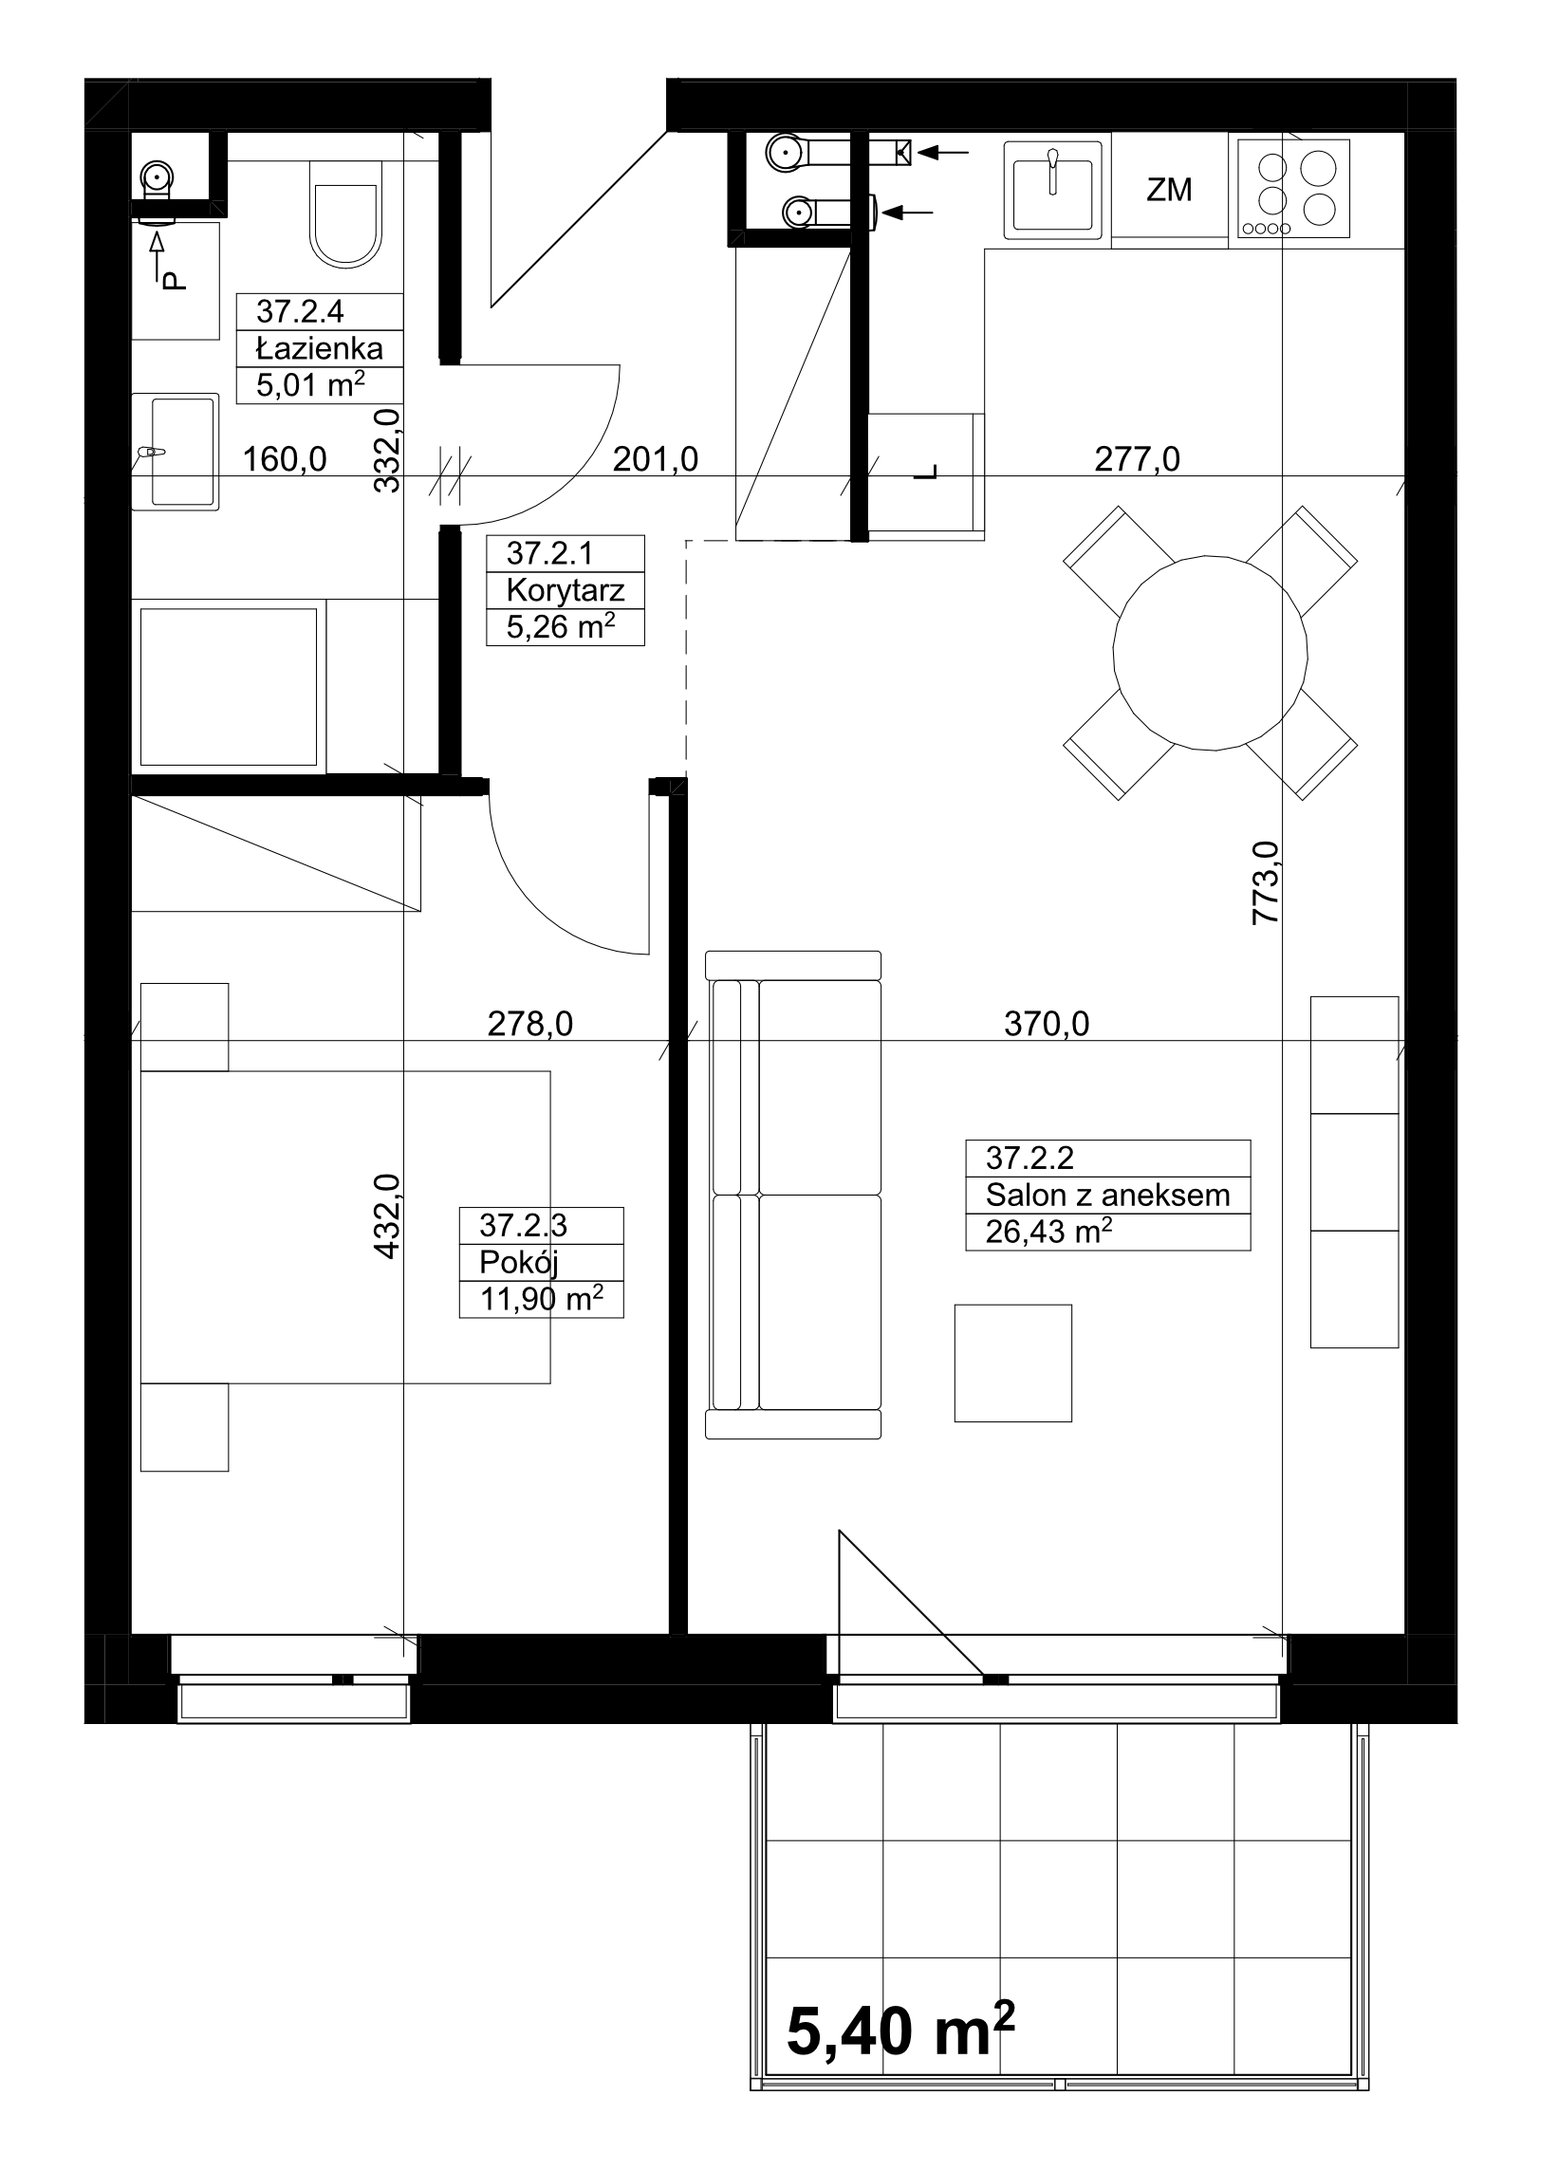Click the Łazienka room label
tap(320, 348)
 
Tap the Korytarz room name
tap(565, 590)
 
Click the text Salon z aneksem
tap(1107, 1195)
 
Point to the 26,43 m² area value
tap(1048, 1232)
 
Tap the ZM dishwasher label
tap(1169, 190)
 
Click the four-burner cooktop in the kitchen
tap(1293, 189)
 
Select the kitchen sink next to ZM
tap(1052, 190)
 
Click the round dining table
tap(1210, 654)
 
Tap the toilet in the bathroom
tap(345, 213)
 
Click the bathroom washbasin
tap(176, 452)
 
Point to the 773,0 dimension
tap(1265, 882)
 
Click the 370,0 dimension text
tap(1046, 1025)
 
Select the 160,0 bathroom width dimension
tap(285, 459)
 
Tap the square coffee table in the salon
tap(1012, 1363)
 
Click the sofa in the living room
tap(792, 1195)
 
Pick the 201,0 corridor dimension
tap(656, 459)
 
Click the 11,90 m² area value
tap(541, 1299)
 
